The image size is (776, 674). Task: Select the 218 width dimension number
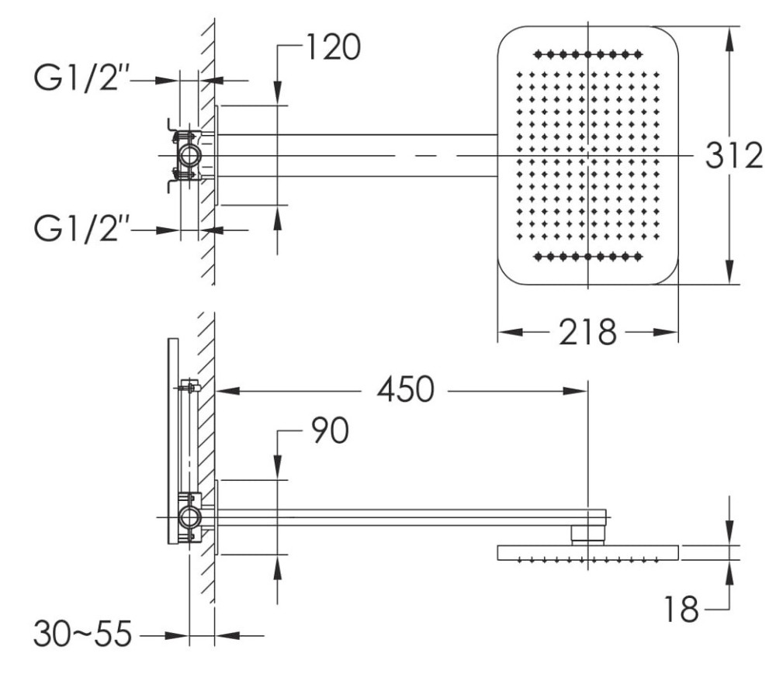(x=587, y=333)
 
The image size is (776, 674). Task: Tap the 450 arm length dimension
(x=405, y=390)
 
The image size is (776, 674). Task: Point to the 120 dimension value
(x=331, y=49)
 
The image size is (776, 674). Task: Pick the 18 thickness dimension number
(x=681, y=610)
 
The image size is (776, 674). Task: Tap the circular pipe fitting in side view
(x=189, y=517)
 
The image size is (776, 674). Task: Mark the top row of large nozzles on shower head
(x=588, y=54)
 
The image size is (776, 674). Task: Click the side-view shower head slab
(x=587, y=552)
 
